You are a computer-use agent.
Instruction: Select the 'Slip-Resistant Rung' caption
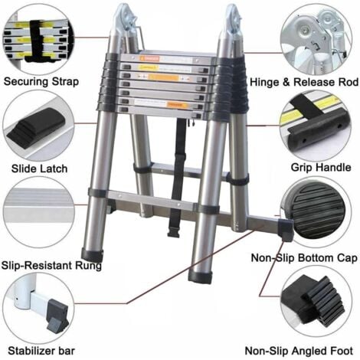point(51,265)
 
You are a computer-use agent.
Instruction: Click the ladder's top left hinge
point(123,22)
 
